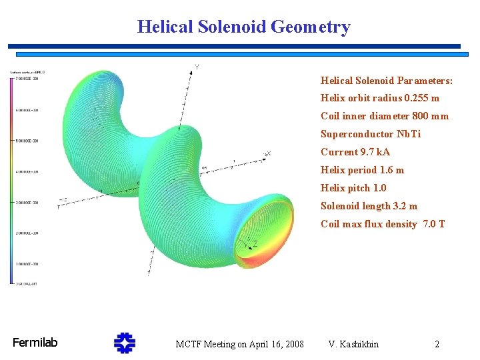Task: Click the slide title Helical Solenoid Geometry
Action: click(243, 27)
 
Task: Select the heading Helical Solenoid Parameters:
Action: click(386, 81)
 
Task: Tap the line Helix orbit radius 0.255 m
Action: click(379, 99)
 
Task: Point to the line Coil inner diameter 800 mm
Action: click(384, 117)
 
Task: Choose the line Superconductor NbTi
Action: click(370, 135)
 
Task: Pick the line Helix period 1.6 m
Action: click(362, 171)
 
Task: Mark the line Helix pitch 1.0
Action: click(353, 189)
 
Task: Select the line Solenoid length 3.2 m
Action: click(369, 207)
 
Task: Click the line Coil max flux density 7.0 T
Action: click(382, 225)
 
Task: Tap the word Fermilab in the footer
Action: click(35, 343)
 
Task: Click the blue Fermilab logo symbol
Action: click(124, 343)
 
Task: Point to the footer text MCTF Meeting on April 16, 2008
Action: click(239, 345)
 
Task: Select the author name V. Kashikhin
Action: click(353, 345)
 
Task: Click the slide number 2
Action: click(437, 345)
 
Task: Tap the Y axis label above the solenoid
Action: click(196, 67)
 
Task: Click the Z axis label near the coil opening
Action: click(255, 245)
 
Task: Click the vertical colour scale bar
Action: click(11, 180)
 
